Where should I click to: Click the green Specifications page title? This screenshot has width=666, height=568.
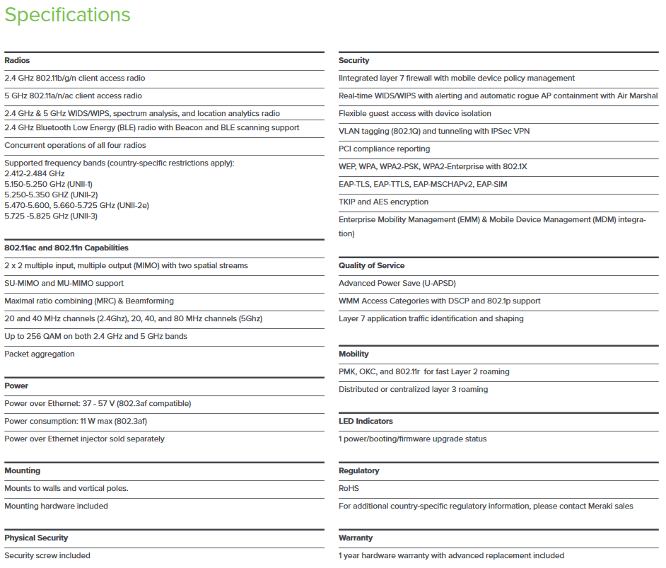tap(67, 15)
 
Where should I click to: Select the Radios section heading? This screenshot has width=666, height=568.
tap(17, 61)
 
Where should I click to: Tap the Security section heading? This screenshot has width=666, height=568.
tap(354, 61)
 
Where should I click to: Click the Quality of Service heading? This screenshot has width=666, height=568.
tap(371, 266)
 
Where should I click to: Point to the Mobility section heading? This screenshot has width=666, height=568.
tap(354, 354)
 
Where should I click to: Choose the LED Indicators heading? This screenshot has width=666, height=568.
tap(366, 422)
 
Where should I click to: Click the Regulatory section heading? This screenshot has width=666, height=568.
tap(358, 471)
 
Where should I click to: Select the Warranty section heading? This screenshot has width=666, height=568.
tap(356, 538)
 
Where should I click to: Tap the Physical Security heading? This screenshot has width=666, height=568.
tap(36, 538)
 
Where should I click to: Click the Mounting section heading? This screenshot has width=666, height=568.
tap(23, 471)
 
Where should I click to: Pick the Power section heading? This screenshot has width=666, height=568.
tap(16, 386)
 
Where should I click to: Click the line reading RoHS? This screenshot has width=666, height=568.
tap(349, 489)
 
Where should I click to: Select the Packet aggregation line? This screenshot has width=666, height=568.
tap(40, 354)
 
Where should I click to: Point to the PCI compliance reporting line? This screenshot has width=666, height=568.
tap(384, 149)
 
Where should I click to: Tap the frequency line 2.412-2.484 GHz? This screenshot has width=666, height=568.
tap(35, 174)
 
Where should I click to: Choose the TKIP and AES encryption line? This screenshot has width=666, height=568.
tap(383, 202)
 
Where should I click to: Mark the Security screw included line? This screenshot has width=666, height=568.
tap(47, 556)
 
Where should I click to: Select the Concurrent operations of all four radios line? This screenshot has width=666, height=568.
tap(75, 146)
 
